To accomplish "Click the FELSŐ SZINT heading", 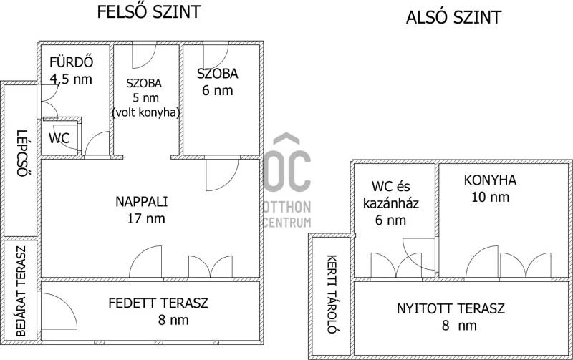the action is pyautogui.click(x=149, y=11).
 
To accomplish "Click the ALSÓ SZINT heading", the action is pyautogui.click(x=453, y=16).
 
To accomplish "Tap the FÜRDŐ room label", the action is pyautogui.click(x=71, y=62).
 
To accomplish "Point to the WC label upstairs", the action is pyautogui.click(x=59, y=138).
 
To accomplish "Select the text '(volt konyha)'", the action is pyautogui.click(x=146, y=112).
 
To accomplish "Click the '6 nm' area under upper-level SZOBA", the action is pyautogui.click(x=218, y=91).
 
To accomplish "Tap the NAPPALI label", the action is pyautogui.click(x=141, y=202).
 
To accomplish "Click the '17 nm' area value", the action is pyautogui.click(x=146, y=219).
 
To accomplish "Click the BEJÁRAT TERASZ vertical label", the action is pyautogui.click(x=21, y=291).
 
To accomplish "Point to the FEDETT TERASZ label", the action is pyautogui.click(x=158, y=303).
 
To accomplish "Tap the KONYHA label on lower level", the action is pyautogui.click(x=490, y=180).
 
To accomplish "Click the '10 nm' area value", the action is pyautogui.click(x=490, y=197).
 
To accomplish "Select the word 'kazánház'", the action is pyautogui.click(x=391, y=203).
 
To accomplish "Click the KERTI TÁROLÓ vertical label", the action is pyautogui.click(x=332, y=294).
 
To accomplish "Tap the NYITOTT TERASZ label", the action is pyautogui.click(x=451, y=309).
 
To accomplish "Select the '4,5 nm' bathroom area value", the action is pyautogui.click(x=71, y=79).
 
